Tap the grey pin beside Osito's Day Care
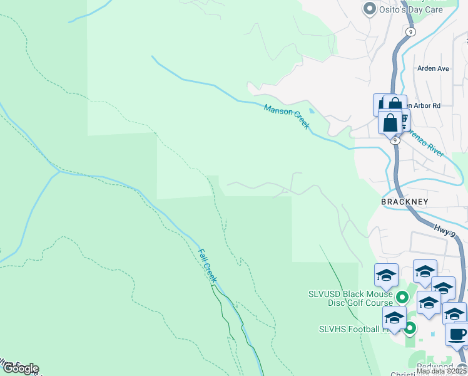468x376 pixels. (369, 9)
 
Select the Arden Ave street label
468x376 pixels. (434, 68)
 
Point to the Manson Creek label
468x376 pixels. (287, 117)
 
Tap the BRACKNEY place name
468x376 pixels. (405, 202)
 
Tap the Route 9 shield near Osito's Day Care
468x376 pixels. (410, 31)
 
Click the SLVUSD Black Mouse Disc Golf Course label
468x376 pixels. (350, 298)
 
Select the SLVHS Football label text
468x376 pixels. (350, 329)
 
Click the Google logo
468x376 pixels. (20, 368)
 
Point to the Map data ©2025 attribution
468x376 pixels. (441, 371)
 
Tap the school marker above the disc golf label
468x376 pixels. (386, 274)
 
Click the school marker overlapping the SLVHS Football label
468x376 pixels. (394, 318)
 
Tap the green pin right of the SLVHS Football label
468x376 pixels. (410, 328)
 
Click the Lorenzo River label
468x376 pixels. (425, 143)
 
